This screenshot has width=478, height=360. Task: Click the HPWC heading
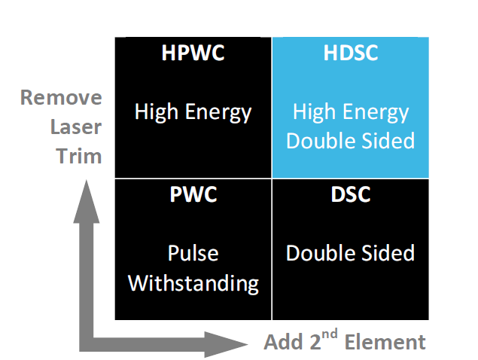(193, 54)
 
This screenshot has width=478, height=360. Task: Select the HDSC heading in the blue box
(350, 54)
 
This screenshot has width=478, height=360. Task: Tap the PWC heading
(193, 194)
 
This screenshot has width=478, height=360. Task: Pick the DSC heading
(350, 194)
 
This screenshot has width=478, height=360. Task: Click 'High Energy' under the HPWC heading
(193, 113)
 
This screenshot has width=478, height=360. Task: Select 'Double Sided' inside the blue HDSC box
(350, 141)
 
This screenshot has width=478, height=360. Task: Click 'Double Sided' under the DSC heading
(350, 252)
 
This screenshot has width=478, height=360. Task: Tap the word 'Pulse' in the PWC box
(193, 252)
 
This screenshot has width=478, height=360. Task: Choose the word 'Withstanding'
(193, 283)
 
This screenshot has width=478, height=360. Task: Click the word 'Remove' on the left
(61, 98)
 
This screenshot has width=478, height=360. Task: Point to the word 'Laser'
(75, 127)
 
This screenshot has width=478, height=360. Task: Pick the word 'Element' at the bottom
(385, 342)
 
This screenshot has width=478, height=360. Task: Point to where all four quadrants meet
(271, 178)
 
